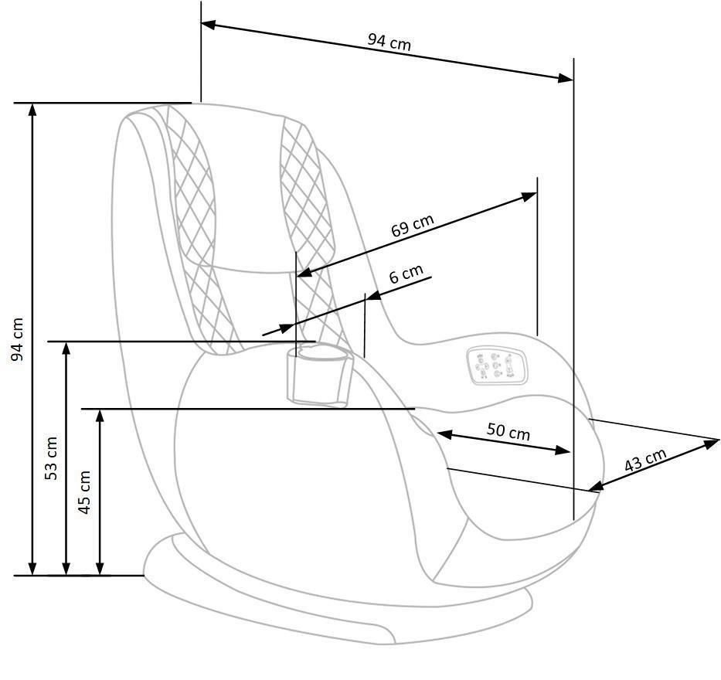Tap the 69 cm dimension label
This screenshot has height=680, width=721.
pyautogui.click(x=412, y=226)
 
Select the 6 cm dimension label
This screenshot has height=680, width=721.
pyautogui.click(x=406, y=274)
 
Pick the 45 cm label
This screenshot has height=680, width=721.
pyautogui.click(x=84, y=491)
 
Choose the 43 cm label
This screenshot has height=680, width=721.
pyautogui.click(x=644, y=461)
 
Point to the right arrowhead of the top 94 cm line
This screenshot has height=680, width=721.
pyautogui.click(x=566, y=77)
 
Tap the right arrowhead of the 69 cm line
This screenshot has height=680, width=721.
pyautogui.click(x=530, y=195)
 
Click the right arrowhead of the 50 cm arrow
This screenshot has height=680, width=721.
pyautogui.click(x=565, y=450)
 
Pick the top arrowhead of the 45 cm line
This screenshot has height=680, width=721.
pyautogui.click(x=100, y=416)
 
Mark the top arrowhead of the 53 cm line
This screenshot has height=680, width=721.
pyautogui.click(x=66, y=348)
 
